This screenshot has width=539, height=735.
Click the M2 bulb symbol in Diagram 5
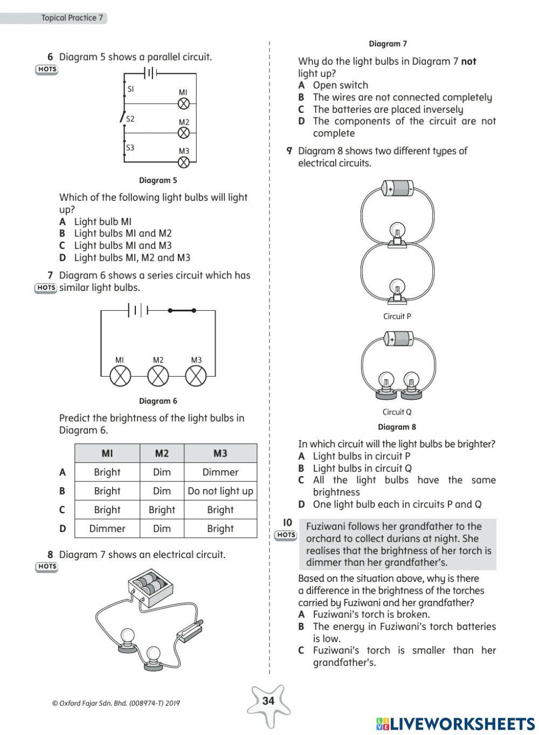(x=184, y=133)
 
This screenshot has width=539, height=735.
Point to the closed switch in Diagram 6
(x=182, y=310)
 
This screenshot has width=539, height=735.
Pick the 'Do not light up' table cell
(x=220, y=491)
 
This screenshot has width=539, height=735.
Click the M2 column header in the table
(x=162, y=453)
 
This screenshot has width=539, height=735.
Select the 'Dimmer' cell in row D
(x=107, y=529)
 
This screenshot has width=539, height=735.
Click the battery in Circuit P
(x=398, y=188)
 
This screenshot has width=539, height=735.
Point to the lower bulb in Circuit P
(x=397, y=289)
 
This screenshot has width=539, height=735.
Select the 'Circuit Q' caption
(x=397, y=412)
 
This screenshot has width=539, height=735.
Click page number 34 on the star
(x=268, y=701)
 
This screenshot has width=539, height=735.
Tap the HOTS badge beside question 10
(x=286, y=535)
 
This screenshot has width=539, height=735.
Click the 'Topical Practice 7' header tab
(x=72, y=18)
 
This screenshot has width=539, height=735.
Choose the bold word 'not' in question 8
(x=468, y=62)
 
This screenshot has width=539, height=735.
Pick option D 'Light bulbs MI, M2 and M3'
(x=132, y=258)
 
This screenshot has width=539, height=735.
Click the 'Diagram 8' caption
(x=397, y=427)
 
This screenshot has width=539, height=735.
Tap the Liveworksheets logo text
(x=455, y=724)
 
